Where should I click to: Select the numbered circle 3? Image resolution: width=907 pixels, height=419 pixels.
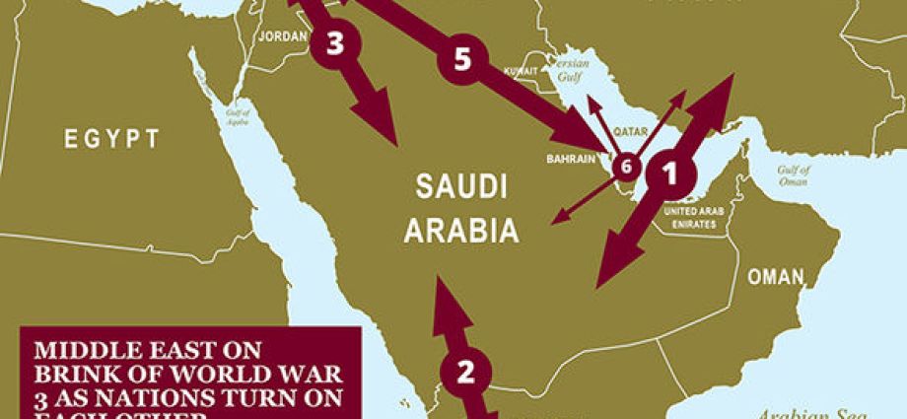pos(335,45)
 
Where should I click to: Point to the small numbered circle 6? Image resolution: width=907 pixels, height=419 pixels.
pos(624,168)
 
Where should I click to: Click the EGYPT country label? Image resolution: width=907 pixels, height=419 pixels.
pos(111,138)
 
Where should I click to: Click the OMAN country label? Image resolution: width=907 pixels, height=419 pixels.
pos(775,277)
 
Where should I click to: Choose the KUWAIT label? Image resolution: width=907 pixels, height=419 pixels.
pos(520,72)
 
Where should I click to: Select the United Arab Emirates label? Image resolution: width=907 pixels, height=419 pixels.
pos(696,218)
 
